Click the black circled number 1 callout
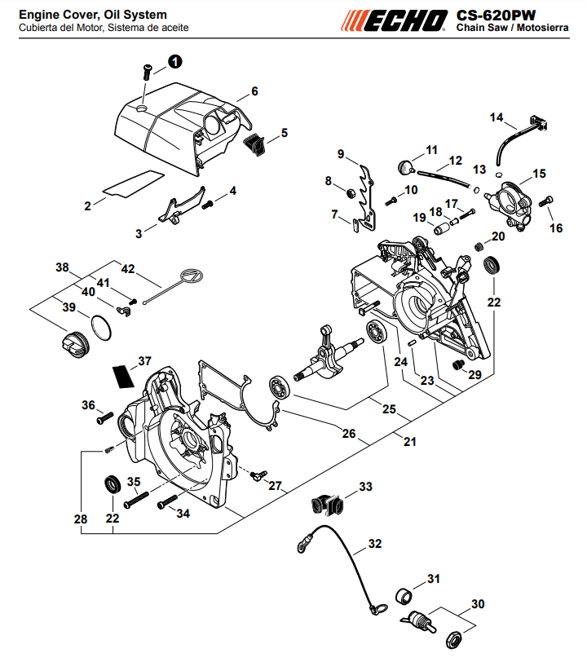pyautogui.click(x=174, y=62)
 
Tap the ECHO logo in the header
pyautogui.click(x=394, y=21)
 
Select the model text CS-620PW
pyautogui.click(x=496, y=15)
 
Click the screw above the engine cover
pyautogui.click(x=147, y=72)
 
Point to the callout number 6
pyautogui.click(x=254, y=91)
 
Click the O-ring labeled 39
pyautogui.click(x=101, y=327)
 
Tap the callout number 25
pyautogui.click(x=389, y=409)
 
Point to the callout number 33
pyautogui.click(x=366, y=487)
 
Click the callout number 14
pyautogui.click(x=497, y=117)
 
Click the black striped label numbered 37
pyautogui.click(x=123, y=377)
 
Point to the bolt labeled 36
pyautogui.click(x=104, y=417)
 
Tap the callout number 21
pyautogui.click(x=409, y=442)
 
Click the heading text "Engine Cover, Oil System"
pyautogui.click(x=93, y=15)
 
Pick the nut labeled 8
pyautogui.click(x=350, y=194)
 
